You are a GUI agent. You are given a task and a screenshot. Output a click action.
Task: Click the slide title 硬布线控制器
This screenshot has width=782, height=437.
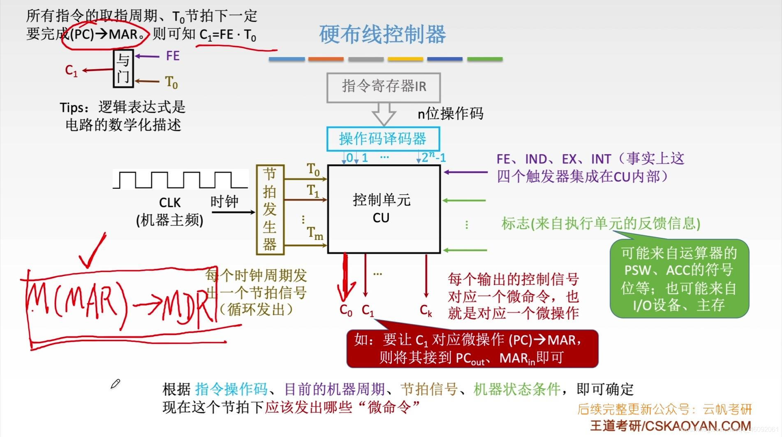coord(382,34)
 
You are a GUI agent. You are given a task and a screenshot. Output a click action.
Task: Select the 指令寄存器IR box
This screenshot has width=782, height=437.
coord(384,87)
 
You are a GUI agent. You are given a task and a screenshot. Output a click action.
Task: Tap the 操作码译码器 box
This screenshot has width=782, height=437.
coord(383,139)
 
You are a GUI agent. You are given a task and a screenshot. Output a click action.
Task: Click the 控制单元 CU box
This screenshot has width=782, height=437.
coord(383,209)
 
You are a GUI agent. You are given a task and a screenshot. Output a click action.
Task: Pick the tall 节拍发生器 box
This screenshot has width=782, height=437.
coord(269,209)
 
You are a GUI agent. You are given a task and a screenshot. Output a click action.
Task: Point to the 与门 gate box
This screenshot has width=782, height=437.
coord(123,69)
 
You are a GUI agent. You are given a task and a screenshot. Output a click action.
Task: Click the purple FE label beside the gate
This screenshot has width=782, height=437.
coord(173,56)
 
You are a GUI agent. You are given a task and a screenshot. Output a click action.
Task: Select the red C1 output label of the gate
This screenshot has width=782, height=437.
coord(71,71)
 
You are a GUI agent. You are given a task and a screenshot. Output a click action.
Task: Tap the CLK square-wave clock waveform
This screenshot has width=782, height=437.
coord(180,180)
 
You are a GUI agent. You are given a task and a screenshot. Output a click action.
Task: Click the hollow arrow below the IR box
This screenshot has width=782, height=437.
coord(384,113)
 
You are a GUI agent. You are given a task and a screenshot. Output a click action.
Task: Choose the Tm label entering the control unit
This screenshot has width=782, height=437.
coord(315,234)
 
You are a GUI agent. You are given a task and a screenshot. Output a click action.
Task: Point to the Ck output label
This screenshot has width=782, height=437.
coord(426,311)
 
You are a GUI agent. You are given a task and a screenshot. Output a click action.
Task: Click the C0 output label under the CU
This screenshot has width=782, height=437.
coord(346,311)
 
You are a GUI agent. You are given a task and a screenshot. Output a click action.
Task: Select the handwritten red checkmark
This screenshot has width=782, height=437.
coord(93,251)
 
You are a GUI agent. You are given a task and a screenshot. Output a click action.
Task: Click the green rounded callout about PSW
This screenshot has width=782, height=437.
coord(679,279)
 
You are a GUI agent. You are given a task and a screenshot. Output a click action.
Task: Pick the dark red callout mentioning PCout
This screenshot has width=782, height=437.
coord(472,349)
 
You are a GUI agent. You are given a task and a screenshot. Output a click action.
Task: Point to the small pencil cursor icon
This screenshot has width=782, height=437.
coord(115,384)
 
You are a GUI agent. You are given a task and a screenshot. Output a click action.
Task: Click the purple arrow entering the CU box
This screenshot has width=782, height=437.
coord(465,172)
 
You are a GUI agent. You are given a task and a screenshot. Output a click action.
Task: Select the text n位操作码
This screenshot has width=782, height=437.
coord(450,114)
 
